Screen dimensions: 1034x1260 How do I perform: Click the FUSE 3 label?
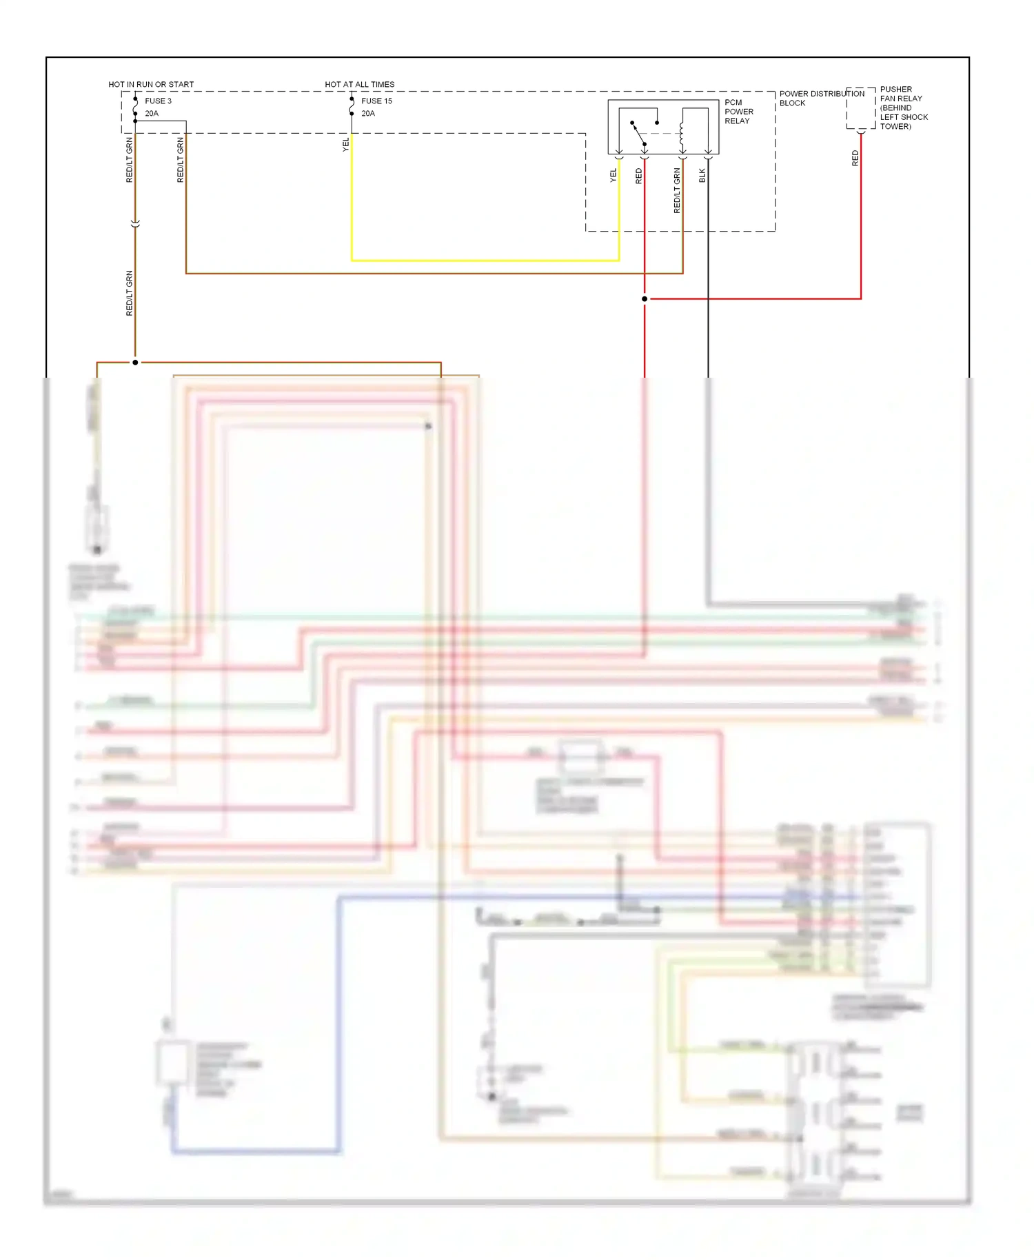tap(158, 101)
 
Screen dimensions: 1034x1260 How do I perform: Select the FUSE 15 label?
tap(376, 101)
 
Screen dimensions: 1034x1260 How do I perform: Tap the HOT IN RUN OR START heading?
tap(151, 84)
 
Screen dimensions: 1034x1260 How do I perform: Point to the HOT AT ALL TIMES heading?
tap(359, 84)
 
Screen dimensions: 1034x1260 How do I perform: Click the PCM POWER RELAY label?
tap(738, 112)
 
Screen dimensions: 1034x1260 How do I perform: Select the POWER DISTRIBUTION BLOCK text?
tap(821, 98)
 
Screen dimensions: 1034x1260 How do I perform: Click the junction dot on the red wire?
tap(645, 299)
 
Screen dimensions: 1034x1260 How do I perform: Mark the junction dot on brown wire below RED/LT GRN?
tap(135, 363)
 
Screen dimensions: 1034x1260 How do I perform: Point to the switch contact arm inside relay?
tap(638, 134)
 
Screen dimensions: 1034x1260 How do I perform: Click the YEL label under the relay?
tap(613, 175)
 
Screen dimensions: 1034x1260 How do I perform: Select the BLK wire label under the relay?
tap(702, 175)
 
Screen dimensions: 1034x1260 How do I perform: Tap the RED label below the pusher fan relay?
tap(855, 158)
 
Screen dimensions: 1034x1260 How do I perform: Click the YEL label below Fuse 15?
tap(345, 144)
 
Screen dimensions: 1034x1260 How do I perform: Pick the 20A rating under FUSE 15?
tap(368, 114)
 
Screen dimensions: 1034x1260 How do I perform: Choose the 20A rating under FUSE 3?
tap(152, 114)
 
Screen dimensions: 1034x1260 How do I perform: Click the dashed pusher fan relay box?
tap(860, 108)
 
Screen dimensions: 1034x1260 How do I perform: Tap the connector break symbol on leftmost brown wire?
tap(135, 224)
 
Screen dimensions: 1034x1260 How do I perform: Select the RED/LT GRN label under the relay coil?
tap(676, 190)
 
